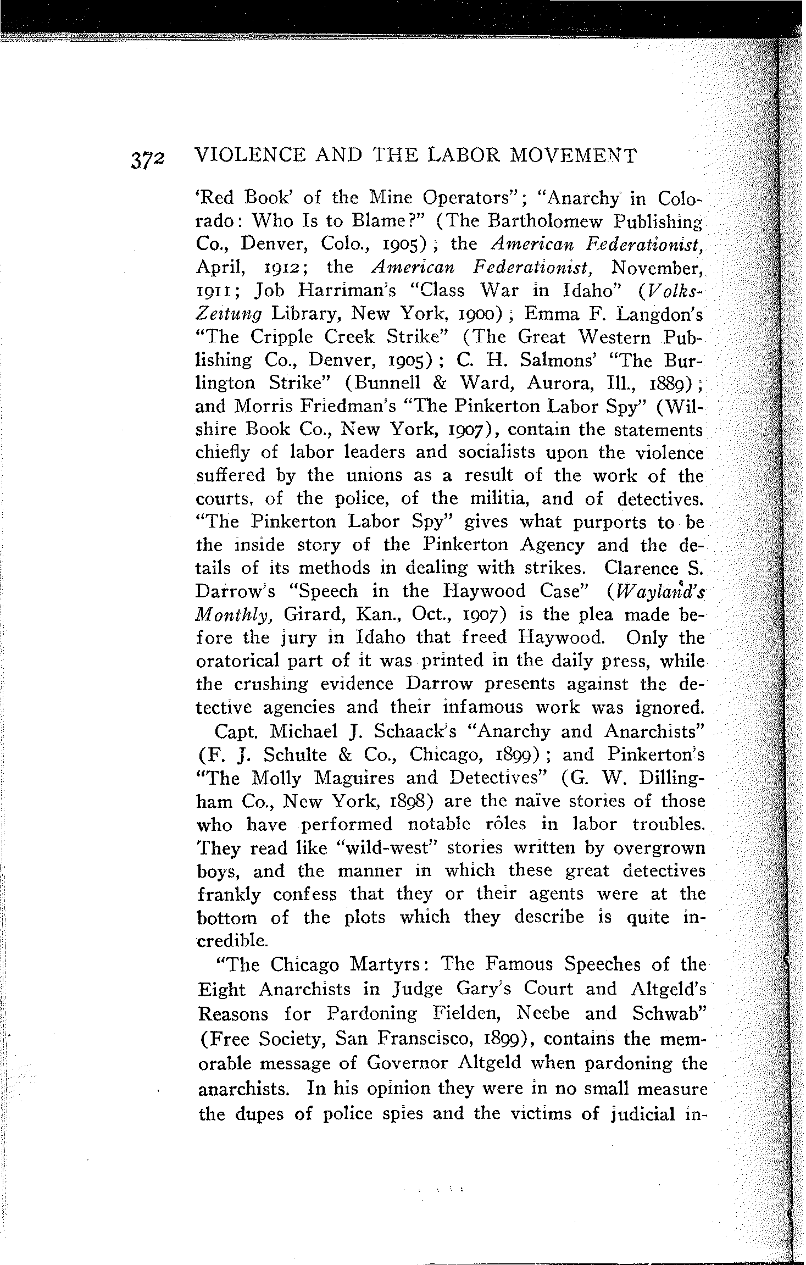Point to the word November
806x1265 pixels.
point(658,268)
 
